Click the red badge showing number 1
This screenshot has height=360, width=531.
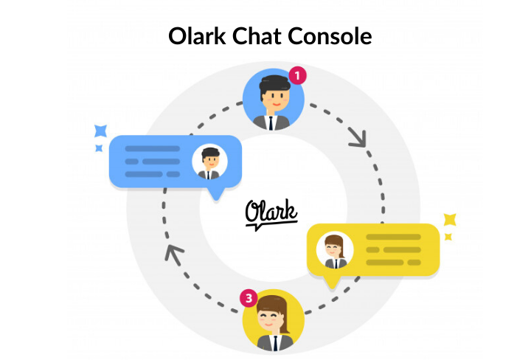click(296, 75)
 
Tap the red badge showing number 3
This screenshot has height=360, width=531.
click(249, 299)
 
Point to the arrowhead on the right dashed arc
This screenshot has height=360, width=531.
click(359, 138)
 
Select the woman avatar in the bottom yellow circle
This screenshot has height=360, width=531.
click(272, 320)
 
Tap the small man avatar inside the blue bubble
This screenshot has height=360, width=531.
click(209, 162)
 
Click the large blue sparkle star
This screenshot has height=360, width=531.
click(101, 132)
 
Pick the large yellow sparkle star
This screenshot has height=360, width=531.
click(449, 220)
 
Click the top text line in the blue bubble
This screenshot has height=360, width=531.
click(152, 148)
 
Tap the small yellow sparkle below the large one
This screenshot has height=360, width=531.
click(448, 237)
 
